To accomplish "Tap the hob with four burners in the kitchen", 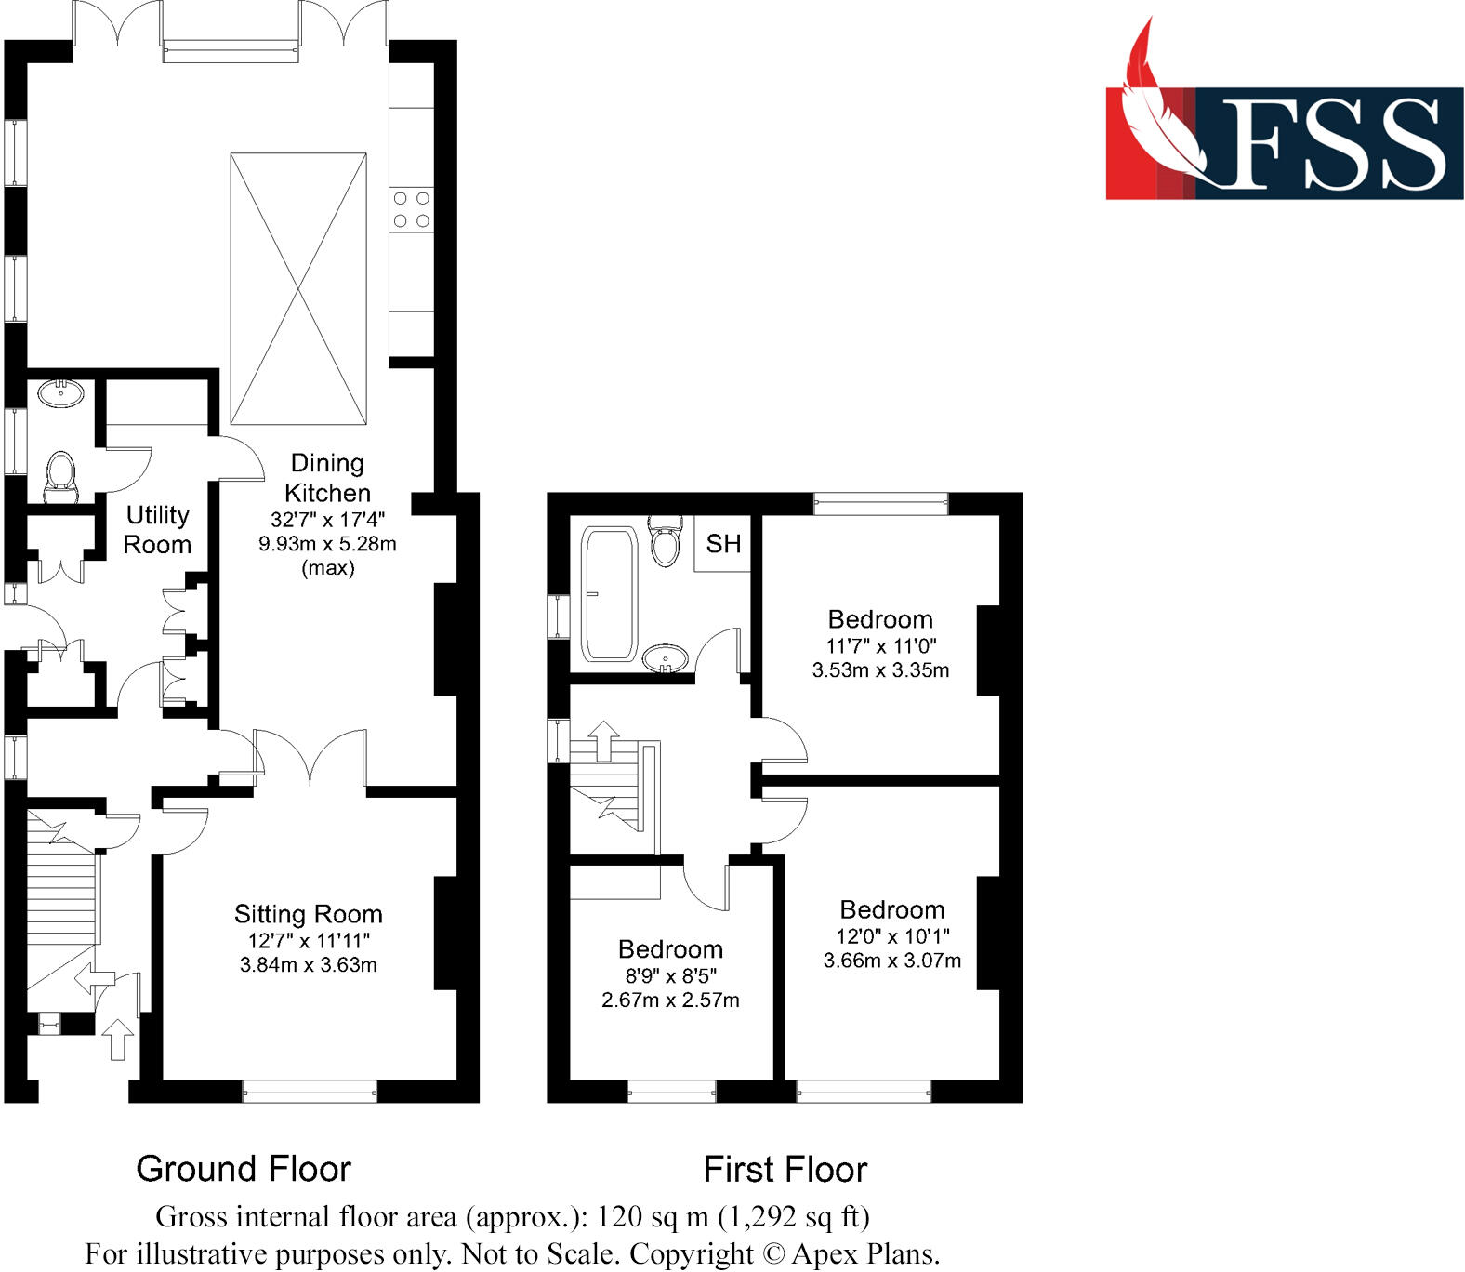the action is coord(411,209).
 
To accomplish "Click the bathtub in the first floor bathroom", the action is coord(609,594).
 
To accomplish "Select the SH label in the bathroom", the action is coord(723,544).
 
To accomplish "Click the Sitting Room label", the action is coord(308,914).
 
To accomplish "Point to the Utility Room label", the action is coord(157,530).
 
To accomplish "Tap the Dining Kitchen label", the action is coord(327,478).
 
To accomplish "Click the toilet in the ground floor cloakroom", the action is coord(60,476).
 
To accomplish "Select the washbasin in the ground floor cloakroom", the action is coord(61,394).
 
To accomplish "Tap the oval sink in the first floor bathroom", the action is coord(666,658).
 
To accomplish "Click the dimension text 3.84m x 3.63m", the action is coord(308,965).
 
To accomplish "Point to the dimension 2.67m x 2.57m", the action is coord(670,1000).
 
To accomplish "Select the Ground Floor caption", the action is coord(244,1169).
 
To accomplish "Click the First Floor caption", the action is coord(785,1169).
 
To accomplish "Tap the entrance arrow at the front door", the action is coord(117,1038).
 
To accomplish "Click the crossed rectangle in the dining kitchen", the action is coord(298,288).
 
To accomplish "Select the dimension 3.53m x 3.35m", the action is coord(880,670).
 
